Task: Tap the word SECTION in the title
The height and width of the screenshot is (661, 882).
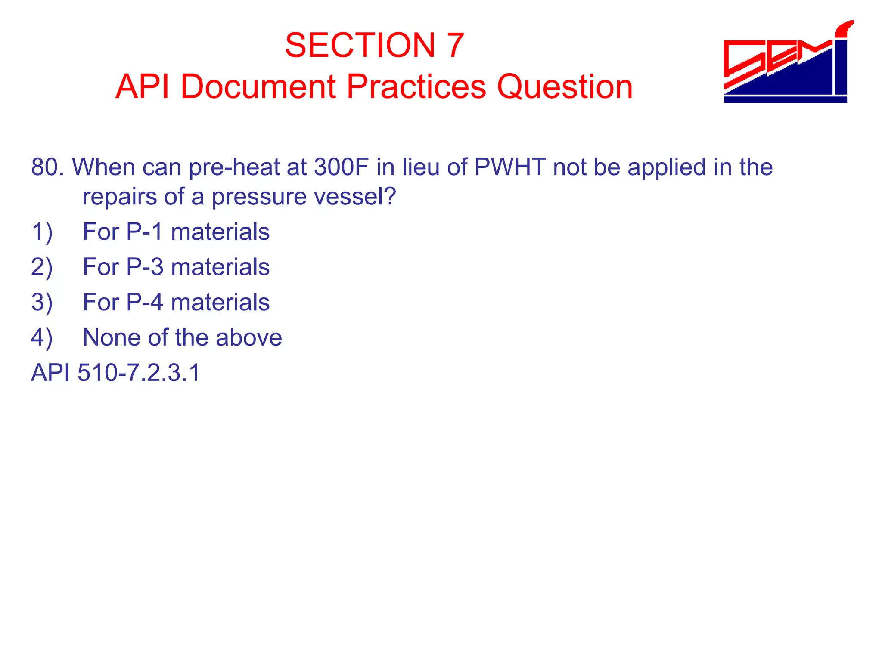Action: [360, 45]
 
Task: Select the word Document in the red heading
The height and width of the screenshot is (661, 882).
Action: [258, 86]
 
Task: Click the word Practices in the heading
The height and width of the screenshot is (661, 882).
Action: [416, 86]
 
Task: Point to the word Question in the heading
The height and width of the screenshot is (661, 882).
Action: [565, 86]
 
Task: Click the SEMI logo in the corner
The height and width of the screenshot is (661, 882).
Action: [786, 65]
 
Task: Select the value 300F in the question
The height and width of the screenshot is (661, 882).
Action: [341, 167]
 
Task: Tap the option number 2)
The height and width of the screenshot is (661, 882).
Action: [42, 267]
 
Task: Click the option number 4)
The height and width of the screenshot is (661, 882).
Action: [42, 338]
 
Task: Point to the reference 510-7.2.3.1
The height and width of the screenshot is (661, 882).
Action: [139, 373]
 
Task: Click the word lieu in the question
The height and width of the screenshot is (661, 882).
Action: [421, 167]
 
